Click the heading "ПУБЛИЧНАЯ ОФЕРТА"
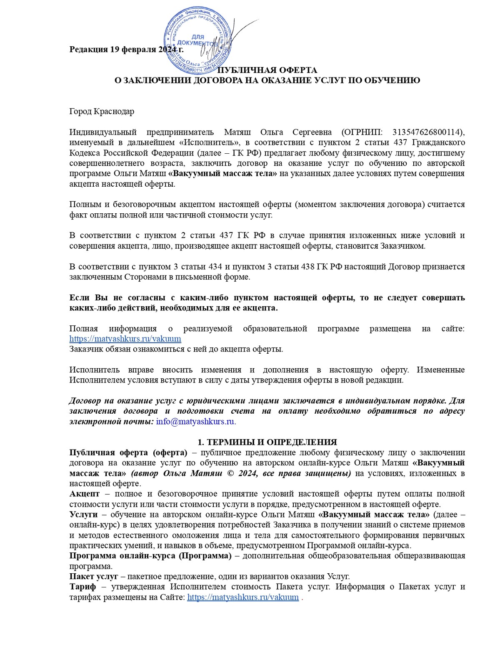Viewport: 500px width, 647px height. [x=267, y=70]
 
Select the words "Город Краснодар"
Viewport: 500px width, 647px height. [x=102, y=112]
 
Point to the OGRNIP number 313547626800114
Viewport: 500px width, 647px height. [x=427, y=132]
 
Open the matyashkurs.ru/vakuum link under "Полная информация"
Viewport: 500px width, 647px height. [x=125, y=339]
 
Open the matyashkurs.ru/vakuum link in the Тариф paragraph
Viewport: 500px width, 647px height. [x=243, y=597]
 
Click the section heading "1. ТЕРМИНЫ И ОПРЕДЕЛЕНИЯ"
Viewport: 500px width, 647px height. [x=267, y=442]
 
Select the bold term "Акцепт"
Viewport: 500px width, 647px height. [x=85, y=494]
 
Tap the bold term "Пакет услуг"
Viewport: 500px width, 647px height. [x=94, y=577]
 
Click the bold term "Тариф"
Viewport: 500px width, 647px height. [x=82, y=587]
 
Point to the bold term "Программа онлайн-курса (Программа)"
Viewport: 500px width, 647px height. [x=150, y=556]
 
